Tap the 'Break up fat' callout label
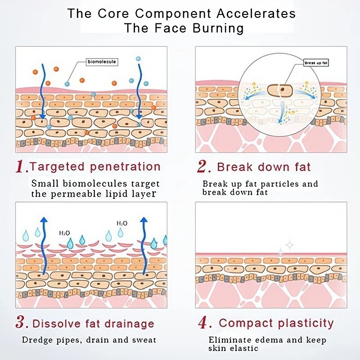(x=316, y=63)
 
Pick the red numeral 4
(x=203, y=323)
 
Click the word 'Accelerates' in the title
(x=258, y=13)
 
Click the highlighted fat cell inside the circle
(x=279, y=90)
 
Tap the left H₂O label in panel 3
(x=64, y=233)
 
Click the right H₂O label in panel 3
(x=121, y=223)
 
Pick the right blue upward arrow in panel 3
(x=144, y=245)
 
